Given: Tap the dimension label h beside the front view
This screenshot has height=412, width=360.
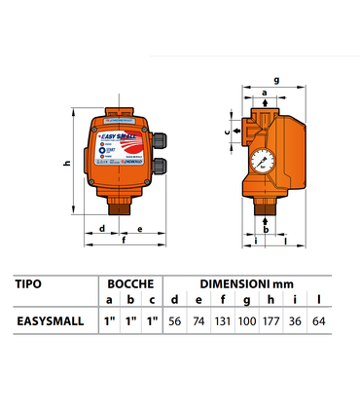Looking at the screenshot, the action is [x=66, y=164].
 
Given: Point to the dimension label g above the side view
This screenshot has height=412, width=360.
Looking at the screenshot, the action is [x=276, y=82].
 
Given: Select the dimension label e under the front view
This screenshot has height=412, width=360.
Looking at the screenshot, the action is [x=142, y=230].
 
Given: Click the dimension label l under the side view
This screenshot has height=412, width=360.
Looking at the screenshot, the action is [x=284, y=240].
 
